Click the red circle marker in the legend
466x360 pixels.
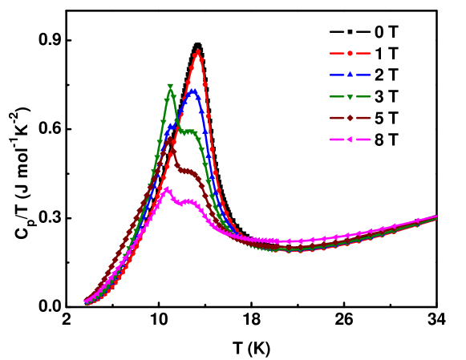click(350, 53)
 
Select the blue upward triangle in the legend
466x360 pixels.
click(350, 75)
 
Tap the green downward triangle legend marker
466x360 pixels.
click(350, 96)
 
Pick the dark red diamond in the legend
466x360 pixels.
click(350, 118)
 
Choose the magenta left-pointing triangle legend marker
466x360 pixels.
click(350, 140)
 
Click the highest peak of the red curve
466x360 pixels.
click(197, 52)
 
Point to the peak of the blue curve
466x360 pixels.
click(193, 91)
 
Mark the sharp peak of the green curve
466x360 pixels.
click(170, 87)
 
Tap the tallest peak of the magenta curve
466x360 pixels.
click(167, 189)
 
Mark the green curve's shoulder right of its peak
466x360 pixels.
click(189, 131)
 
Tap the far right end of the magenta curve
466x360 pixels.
click(436, 216)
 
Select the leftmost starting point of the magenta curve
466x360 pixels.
click(85, 301)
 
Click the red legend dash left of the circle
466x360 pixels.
click(335, 53)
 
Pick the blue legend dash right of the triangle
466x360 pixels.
click(364, 75)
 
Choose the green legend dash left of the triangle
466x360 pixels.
click(335, 96)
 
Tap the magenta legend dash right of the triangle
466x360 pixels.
click(364, 140)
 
